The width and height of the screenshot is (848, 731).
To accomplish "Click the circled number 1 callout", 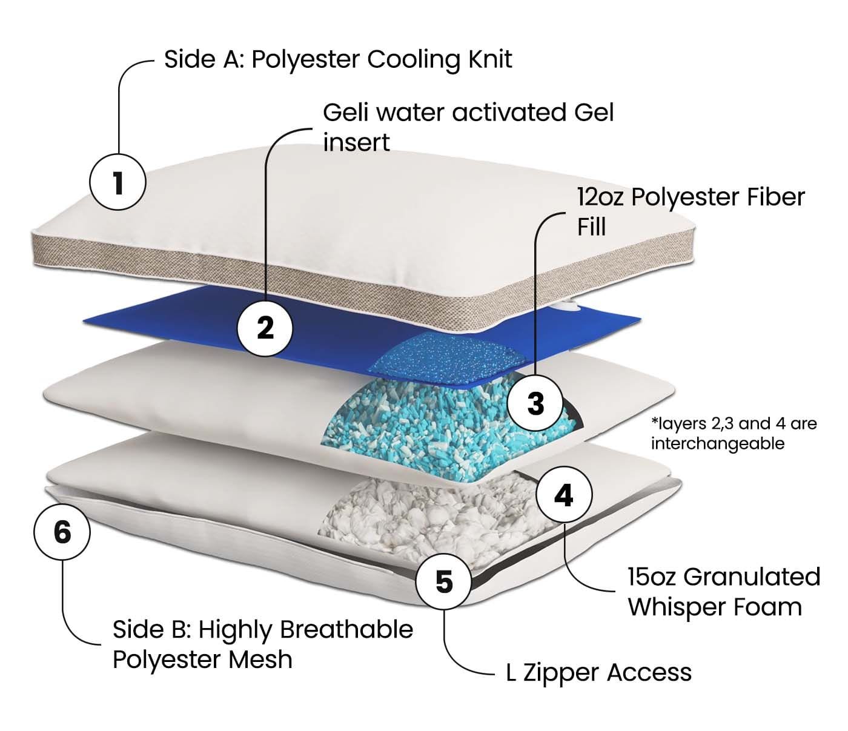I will [x=118, y=182].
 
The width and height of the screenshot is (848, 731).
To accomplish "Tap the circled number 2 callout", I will [x=265, y=328].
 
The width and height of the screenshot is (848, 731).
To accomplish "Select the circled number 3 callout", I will [x=535, y=403].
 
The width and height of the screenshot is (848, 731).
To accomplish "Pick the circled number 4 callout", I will [x=563, y=495].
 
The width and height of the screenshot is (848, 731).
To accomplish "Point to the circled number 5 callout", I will [x=444, y=581].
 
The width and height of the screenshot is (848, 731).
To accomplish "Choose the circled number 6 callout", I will [x=62, y=532].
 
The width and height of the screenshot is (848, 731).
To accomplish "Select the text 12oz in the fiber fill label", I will [x=600, y=197].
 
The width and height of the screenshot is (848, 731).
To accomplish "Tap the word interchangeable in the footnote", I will [x=717, y=443].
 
